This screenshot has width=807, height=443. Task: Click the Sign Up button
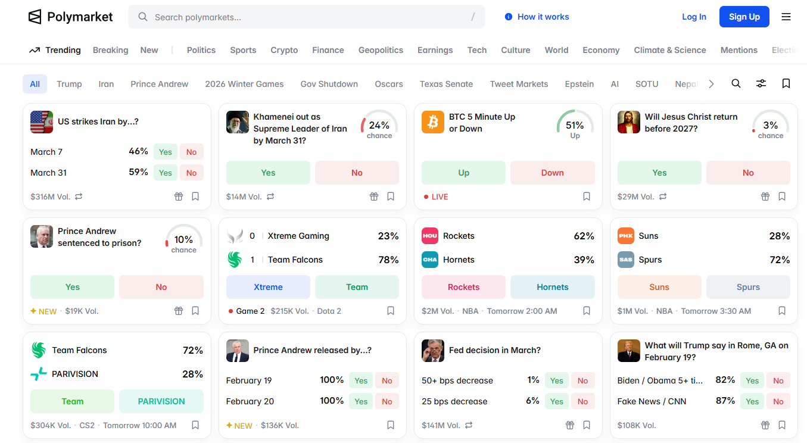click(744, 17)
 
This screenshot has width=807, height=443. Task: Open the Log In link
click(694, 17)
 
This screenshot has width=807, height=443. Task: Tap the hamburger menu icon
click(786, 17)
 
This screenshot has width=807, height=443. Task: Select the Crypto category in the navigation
click(284, 50)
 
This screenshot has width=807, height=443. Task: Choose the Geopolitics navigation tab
click(381, 50)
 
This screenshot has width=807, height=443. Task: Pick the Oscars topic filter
click(389, 84)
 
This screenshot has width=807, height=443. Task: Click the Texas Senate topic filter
click(446, 84)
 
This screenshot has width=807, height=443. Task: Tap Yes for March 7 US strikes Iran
click(165, 152)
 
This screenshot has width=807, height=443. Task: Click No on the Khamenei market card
click(357, 173)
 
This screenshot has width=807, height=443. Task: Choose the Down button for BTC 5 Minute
click(552, 173)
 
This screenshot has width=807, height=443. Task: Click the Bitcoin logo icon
click(433, 122)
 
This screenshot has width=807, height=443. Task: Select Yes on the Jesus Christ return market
click(659, 173)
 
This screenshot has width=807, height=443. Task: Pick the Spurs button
click(748, 287)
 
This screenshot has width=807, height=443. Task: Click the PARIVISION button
click(161, 401)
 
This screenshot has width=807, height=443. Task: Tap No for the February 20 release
click(387, 401)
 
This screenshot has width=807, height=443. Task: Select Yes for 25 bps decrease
click(556, 401)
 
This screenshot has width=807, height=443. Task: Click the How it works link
click(537, 17)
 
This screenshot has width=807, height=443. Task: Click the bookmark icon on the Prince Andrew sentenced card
click(195, 311)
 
